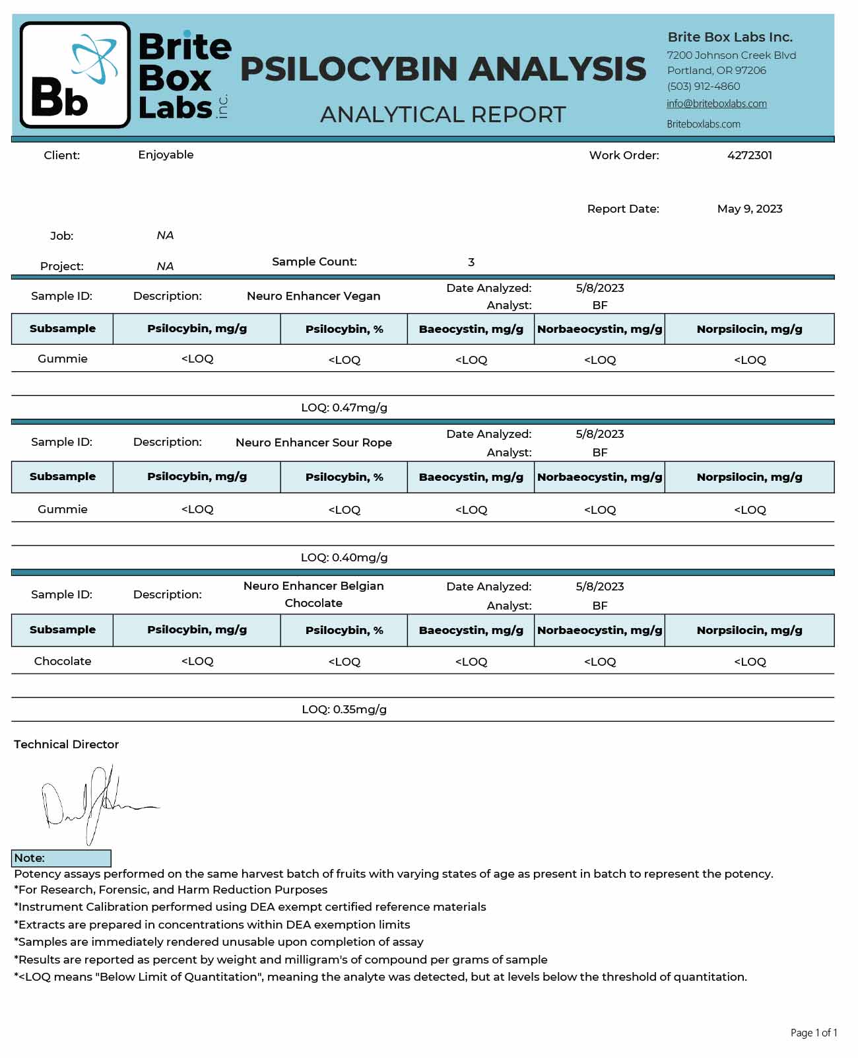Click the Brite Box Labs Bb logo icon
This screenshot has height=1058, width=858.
[75, 75]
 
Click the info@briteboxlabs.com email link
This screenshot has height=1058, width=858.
[716, 104]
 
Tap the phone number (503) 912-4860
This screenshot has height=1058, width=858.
[703, 87]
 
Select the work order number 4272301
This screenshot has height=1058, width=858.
[749, 156]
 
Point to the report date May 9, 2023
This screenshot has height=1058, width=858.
[749, 209]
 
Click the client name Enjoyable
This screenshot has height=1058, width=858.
[166, 155]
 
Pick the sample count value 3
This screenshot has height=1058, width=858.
[471, 263]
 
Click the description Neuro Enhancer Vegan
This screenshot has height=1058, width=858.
[313, 297]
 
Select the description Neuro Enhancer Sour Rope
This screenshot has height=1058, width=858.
[313, 443]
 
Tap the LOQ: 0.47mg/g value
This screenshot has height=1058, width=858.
[344, 408]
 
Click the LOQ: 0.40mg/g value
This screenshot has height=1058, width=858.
[344, 558]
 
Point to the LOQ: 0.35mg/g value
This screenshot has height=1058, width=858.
[344, 710]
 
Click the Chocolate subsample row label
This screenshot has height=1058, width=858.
[63, 662]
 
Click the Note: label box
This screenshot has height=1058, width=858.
[61, 859]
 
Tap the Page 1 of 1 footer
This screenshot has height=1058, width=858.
[813, 1033]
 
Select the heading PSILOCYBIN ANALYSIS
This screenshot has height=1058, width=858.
[443, 69]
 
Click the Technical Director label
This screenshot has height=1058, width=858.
[66, 745]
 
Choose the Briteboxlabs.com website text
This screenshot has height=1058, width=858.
[703, 124]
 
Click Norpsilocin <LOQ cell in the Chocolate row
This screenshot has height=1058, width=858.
[750, 662]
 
